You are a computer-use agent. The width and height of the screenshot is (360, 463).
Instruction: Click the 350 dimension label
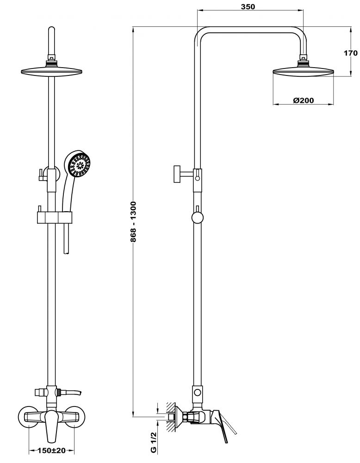[248, 6]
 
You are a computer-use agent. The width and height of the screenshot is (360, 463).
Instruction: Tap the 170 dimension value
[351, 53]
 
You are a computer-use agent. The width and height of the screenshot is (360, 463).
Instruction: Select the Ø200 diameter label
[304, 100]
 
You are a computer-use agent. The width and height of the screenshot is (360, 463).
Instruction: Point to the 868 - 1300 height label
[133, 222]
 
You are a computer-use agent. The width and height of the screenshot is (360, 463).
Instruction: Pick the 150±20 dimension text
[52, 450]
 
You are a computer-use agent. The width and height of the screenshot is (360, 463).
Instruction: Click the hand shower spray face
[79, 165]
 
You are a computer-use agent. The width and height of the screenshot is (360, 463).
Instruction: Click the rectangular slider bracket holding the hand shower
[54, 217]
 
